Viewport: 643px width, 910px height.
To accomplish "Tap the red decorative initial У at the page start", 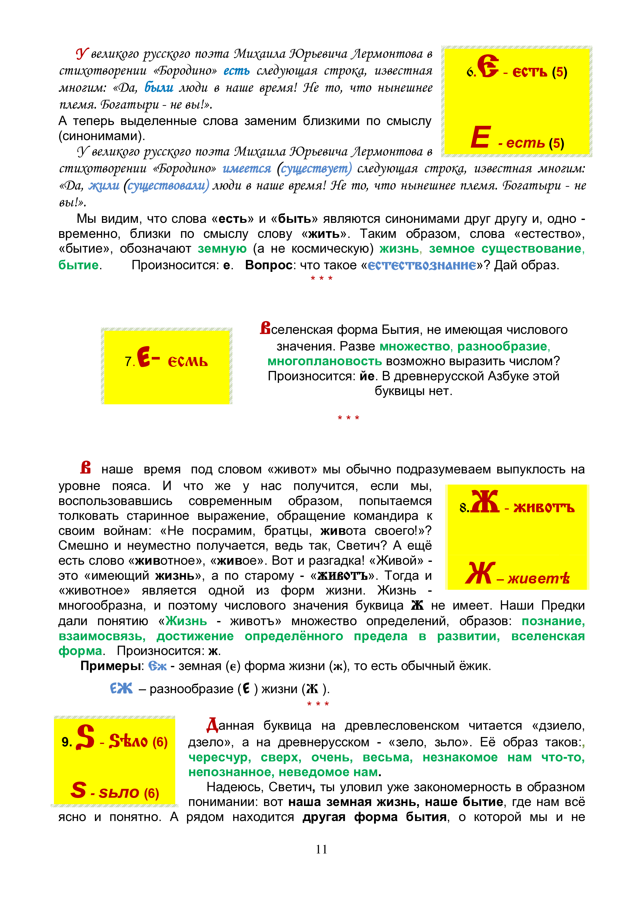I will [x=82, y=53].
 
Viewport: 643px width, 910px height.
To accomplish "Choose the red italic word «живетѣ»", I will [x=539, y=579].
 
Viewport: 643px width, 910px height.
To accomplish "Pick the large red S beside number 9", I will [x=85, y=737].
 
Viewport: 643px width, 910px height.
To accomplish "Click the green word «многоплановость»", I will [x=324, y=361].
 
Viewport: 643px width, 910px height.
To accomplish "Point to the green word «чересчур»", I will [x=219, y=757].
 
